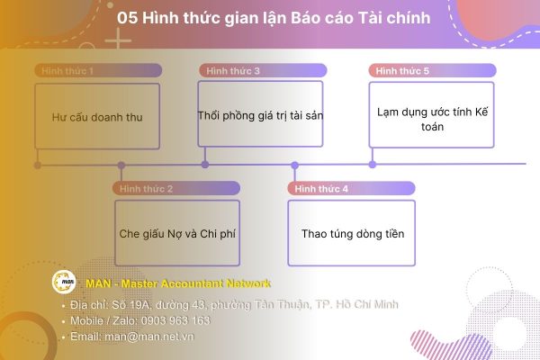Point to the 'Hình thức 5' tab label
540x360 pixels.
402,70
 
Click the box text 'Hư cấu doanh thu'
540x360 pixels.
98,116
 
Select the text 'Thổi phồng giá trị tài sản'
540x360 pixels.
260,115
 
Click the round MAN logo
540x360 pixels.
63,283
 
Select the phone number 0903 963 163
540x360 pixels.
178,320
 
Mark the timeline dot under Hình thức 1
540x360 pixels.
37,165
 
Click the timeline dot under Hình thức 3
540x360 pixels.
205,164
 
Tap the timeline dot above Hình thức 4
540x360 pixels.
294,165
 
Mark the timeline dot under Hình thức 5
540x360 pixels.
373,164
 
